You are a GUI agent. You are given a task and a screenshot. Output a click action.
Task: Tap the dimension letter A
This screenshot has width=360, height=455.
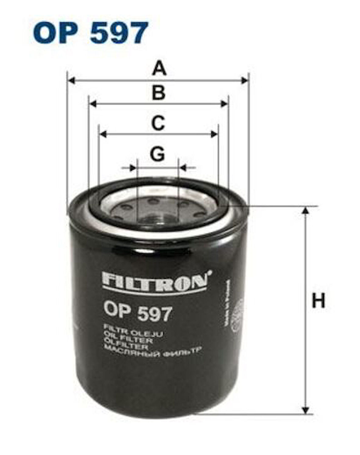[x=159, y=68]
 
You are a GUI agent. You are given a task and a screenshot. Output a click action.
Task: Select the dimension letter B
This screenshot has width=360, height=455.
[x=159, y=93]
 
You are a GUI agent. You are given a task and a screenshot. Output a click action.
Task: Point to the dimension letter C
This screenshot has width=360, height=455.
[x=158, y=123]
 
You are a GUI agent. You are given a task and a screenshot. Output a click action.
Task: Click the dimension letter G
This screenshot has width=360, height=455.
[x=157, y=154]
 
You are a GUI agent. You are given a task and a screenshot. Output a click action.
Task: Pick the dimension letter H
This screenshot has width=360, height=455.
[x=318, y=300]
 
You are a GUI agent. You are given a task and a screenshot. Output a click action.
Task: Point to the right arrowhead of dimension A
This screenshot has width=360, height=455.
[x=245, y=81]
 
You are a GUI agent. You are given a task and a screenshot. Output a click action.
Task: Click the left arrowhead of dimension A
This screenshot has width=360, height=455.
[x=71, y=81]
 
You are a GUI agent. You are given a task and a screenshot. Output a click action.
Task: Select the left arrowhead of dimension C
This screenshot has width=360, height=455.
[x=103, y=134]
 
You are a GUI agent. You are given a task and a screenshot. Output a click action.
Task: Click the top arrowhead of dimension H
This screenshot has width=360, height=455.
[x=305, y=210]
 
